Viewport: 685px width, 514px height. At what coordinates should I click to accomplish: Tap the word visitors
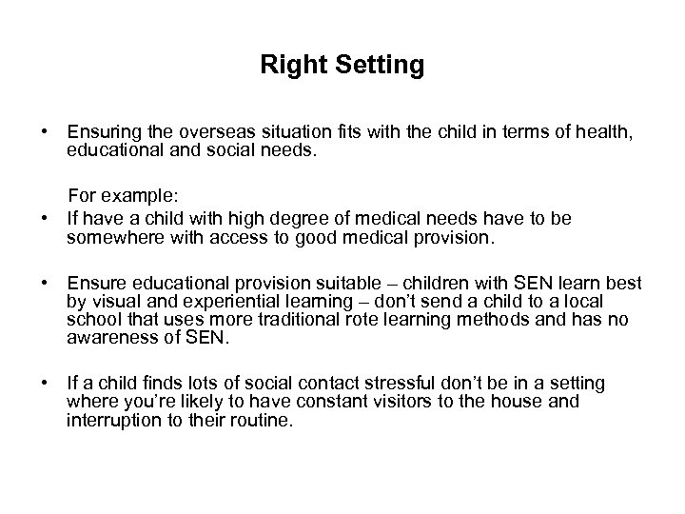(409, 401)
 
